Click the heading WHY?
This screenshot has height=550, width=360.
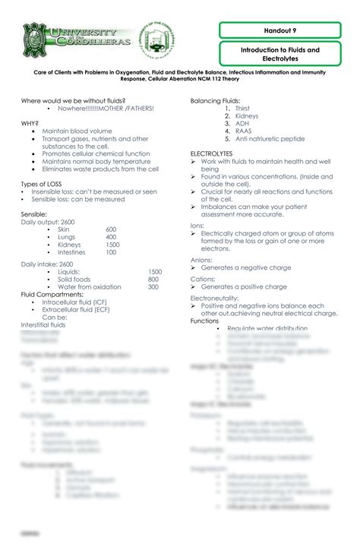click(x=30, y=122)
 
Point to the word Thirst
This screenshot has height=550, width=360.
click(x=243, y=109)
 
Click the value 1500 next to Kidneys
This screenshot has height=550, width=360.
click(x=112, y=245)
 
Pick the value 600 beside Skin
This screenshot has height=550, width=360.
click(x=111, y=229)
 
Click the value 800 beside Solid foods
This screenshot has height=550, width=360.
click(x=153, y=279)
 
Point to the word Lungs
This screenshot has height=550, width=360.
click(x=66, y=237)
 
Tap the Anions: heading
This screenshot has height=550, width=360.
click(x=202, y=260)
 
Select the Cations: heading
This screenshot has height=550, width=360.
click(x=204, y=279)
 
